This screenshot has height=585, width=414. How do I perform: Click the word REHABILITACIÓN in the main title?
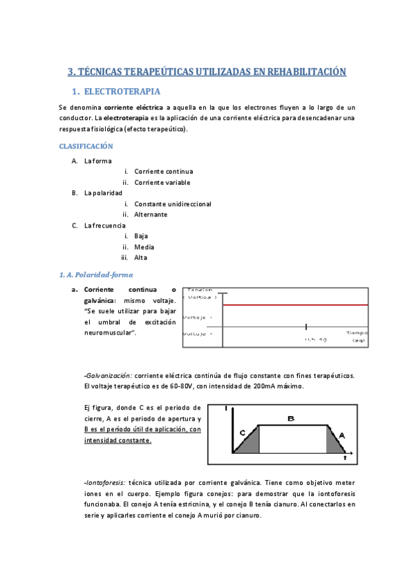coord(302,71)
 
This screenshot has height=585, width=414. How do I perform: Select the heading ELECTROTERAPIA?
coord(122,92)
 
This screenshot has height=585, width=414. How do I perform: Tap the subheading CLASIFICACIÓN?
coord(86,147)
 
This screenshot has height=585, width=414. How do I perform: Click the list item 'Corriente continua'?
coord(164,172)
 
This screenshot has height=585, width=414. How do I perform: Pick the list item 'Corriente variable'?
coord(162,183)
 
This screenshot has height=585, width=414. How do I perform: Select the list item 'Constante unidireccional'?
coord(173,204)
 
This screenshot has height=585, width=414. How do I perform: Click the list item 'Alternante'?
coord(151,215)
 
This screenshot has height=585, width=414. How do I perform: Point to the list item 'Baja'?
coord(141,236)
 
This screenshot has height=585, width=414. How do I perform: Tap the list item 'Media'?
coord(144,247)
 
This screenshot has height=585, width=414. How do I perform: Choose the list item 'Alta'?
coord(140,258)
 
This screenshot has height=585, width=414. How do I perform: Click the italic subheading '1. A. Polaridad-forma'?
coord(96,275)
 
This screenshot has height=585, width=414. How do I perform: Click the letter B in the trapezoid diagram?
coord(291,419)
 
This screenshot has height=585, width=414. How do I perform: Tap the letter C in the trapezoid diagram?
coord(243,433)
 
